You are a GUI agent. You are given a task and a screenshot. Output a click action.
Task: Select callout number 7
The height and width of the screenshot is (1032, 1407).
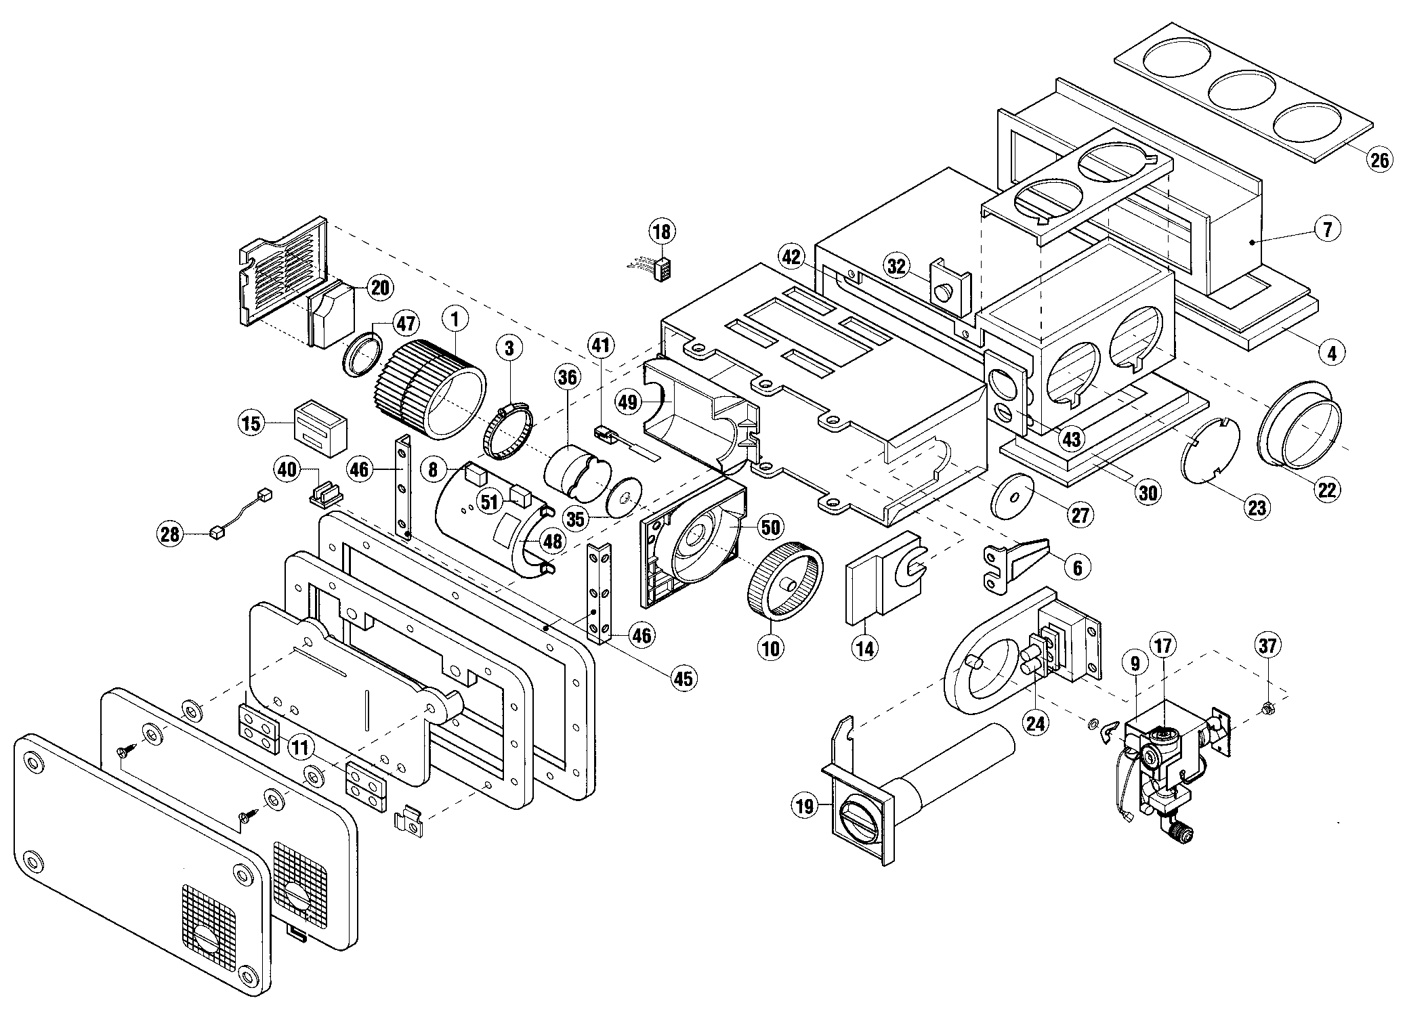[x=1327, y=230]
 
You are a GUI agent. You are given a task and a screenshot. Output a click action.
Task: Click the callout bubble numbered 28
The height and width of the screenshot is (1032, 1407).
[x=169, y=535]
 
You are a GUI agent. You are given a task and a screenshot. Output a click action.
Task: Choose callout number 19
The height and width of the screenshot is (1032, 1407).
[x=805, y=807]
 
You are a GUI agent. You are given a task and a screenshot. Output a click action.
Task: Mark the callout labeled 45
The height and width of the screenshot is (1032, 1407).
[x=684, y=678]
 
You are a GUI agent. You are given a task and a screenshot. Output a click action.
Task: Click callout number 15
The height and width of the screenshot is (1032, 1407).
[x=251, y=424]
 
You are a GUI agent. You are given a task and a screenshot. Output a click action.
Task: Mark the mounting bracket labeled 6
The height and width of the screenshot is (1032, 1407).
[x=1013, y=553]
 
